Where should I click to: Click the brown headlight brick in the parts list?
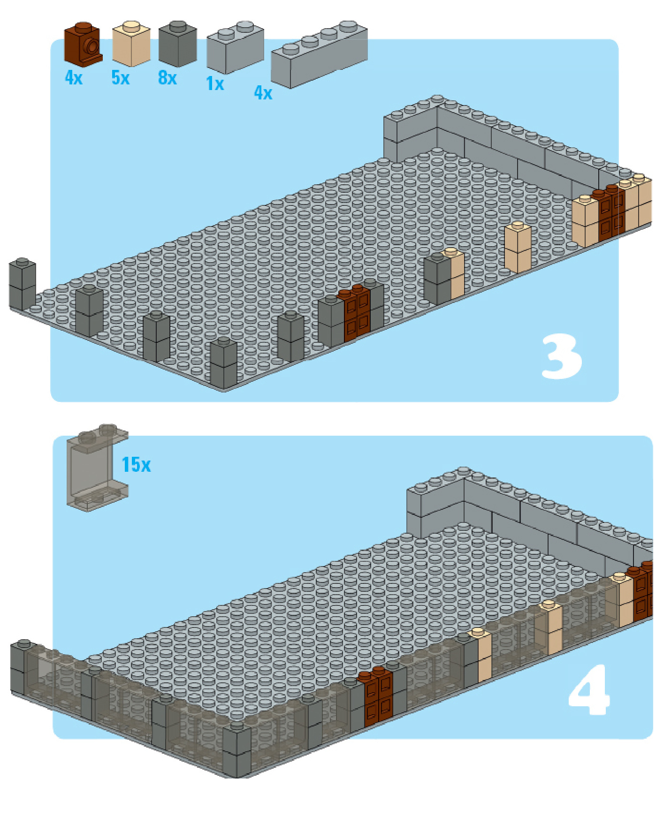coord(83,45)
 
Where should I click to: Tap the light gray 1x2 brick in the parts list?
coord(235,47)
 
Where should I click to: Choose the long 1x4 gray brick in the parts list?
coord(319,54)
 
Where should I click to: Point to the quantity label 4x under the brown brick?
coord(74,78)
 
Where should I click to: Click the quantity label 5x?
coord(121,78)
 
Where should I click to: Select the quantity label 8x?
coord(168,78)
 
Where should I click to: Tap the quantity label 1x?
coord(215,84)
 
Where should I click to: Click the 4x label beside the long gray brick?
coord(263,93)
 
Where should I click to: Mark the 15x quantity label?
coord(136,465)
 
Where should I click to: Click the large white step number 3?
coord(562,357)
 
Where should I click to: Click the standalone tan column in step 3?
coord(518,247)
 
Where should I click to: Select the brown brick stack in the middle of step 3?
coord(354,313)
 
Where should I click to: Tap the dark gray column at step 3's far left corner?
coord(23,285)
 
